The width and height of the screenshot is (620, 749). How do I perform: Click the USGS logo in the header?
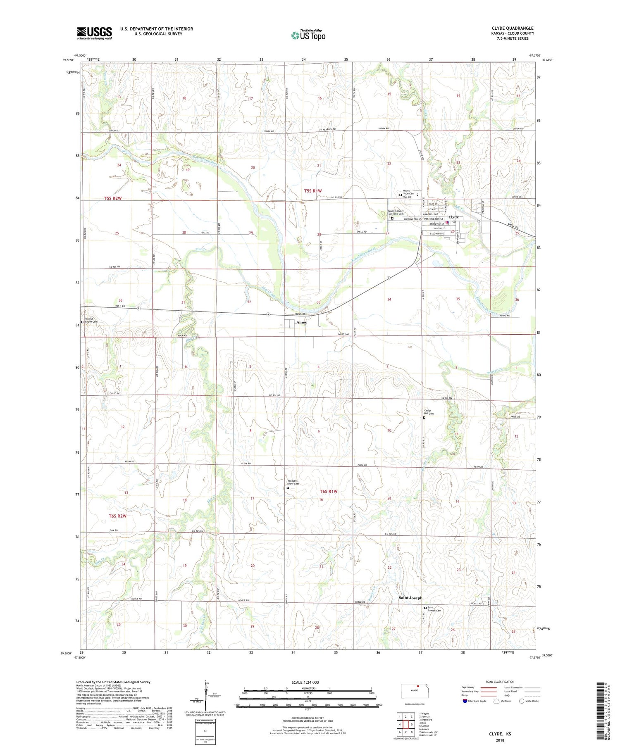click(x=94, y=33)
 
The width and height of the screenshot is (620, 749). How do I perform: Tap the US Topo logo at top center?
click(x=308, y=35)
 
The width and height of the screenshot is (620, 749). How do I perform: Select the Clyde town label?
click(x=453, y=217)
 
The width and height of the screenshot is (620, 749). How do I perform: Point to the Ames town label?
click(x=301, y=322)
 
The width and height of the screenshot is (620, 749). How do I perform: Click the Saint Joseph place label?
click(x=410, y=598)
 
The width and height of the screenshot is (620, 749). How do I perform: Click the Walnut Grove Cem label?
click(x=91, y=320)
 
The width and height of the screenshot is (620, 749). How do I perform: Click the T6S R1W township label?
click(x=329, y=491)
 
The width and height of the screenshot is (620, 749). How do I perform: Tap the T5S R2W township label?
click(x=113, y=198)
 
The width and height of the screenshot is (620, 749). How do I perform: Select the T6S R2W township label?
click(x=117, y=516)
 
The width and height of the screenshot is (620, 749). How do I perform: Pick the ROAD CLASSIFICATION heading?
click(x=500, y=682)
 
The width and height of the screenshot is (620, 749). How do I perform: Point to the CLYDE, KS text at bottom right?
click(x=500, y=734)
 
